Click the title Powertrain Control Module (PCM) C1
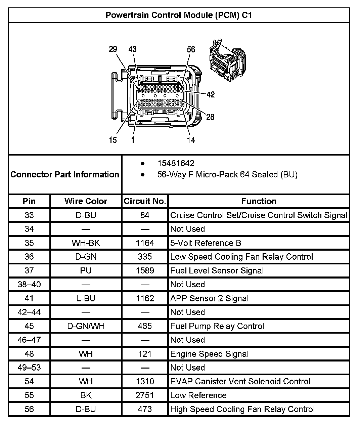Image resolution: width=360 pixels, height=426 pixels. tap(179, 15)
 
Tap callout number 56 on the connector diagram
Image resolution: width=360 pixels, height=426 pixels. tap(191, 49)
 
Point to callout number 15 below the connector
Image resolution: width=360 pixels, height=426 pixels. tap(113, 140)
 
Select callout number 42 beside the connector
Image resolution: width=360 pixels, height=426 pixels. tap(211, 95)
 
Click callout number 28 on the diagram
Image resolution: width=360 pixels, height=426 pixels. tap(210, 117)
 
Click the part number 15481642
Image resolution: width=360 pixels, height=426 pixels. tap(176, 163)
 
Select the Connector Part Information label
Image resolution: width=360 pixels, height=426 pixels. tap(65, 174)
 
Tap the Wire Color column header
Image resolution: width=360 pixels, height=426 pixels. tap(86, 201)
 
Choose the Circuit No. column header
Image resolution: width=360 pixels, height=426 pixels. tap(145, 201)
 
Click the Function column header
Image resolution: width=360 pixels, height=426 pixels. tap(259, 201)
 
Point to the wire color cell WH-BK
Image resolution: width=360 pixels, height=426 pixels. tap(86, 243)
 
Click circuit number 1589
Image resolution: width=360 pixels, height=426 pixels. tap(145, 270)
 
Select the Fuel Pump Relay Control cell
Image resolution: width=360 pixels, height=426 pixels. tap(217, 326)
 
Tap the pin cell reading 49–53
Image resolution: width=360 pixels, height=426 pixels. tap(29, 367)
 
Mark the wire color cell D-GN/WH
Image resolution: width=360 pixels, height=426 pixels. tap(86, 326)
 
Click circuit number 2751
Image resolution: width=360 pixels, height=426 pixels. tap(145, 395)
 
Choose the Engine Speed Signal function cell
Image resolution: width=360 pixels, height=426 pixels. tap(210, 354)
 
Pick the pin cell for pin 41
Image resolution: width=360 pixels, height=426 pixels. tap(29, 298)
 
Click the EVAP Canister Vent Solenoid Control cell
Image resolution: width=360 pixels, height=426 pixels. tap(240, 381)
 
